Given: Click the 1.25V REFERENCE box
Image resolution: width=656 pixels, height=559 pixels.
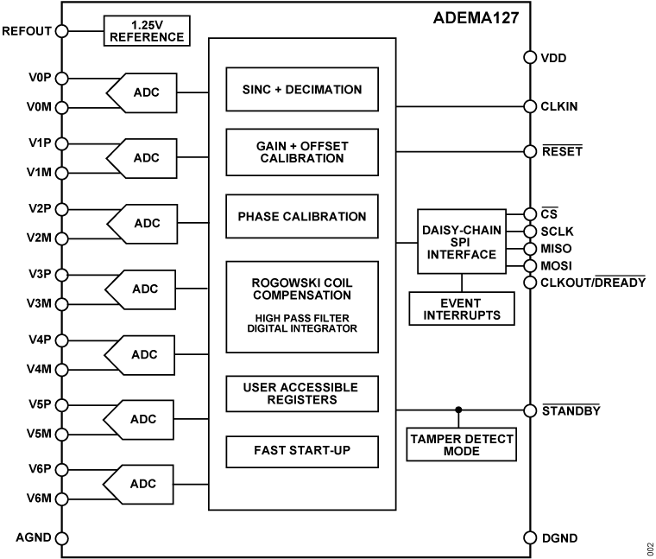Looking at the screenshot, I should point(146,30).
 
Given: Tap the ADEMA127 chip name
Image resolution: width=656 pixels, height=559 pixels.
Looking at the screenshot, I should point(474,16).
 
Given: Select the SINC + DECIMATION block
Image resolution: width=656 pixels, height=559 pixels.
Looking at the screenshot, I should point(302,89).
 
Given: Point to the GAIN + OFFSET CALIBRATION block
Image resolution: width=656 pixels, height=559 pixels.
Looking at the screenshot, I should point(302,151).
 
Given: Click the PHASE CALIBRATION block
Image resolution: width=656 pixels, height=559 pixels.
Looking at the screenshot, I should point(302,217).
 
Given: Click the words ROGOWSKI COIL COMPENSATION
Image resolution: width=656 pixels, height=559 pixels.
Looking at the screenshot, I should point(302,289).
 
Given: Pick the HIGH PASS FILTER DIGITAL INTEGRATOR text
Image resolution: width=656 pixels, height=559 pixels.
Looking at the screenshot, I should point(302,322).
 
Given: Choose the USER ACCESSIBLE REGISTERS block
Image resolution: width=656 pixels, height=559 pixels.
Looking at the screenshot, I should point(302,393).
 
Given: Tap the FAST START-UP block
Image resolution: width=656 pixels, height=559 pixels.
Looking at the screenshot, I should point(302,450).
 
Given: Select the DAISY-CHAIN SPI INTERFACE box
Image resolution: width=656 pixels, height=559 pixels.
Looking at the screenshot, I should point(462,242).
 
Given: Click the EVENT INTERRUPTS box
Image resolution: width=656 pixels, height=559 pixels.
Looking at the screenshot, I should point(461,309).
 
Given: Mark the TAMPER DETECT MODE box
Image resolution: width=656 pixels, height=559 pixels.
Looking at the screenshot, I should point(461,445).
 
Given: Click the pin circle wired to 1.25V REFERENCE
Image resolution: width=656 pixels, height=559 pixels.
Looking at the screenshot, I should point(61,31).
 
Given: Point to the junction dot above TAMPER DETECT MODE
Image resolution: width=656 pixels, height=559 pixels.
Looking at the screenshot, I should point(458,410).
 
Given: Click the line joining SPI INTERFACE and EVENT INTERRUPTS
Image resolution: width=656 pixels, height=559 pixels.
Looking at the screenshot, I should point(461,283).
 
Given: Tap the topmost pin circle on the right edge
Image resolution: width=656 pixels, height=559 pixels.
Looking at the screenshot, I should point(530,58).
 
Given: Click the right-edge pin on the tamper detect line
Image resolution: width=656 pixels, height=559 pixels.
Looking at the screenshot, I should point(530,410).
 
